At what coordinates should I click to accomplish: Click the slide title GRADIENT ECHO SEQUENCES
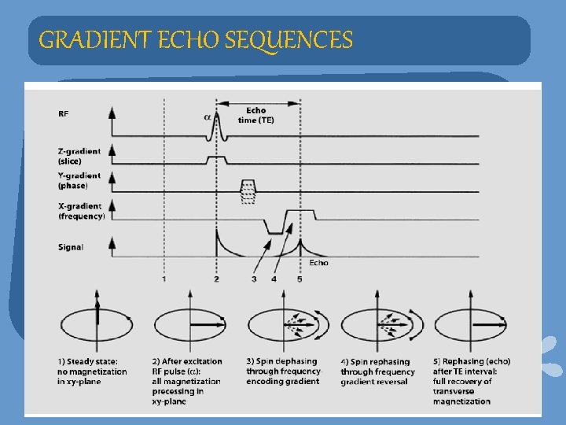(196, 39)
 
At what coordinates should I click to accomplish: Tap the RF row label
(64, 114)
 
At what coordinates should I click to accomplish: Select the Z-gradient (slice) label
(79, 155)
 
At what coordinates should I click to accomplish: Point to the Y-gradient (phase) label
(79, 181)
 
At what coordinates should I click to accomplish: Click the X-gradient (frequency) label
(81, 211)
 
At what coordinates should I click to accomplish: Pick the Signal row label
(71, 247)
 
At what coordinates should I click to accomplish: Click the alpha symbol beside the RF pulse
(208, 116)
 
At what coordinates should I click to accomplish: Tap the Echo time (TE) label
(255, 116)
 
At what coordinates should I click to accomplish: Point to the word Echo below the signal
(318, 262)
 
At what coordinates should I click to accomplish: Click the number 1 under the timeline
(164, 279)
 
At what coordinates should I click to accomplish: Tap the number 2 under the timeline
(216, 279)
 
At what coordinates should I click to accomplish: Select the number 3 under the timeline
(254, 279)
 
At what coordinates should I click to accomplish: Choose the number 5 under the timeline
(300, 279)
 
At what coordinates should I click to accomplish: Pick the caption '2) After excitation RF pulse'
(187, 381)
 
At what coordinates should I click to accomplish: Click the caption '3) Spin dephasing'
(283, 371)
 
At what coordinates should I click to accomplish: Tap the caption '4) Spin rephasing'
(377, 371)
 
